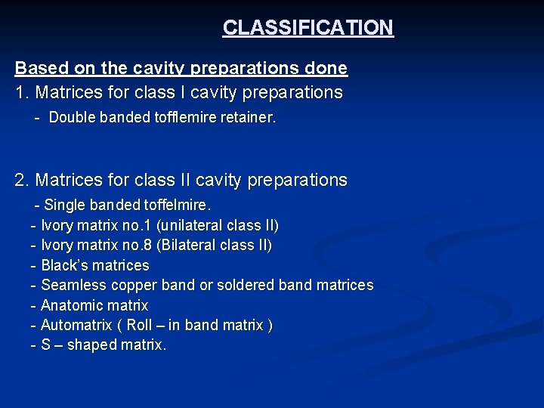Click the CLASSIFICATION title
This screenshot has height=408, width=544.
[x=308, y=28]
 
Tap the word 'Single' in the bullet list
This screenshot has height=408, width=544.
[x=65, y=205]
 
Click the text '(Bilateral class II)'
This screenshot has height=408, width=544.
[x=214, y=246]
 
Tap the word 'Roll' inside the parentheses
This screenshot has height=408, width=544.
[x=139, y=326]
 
